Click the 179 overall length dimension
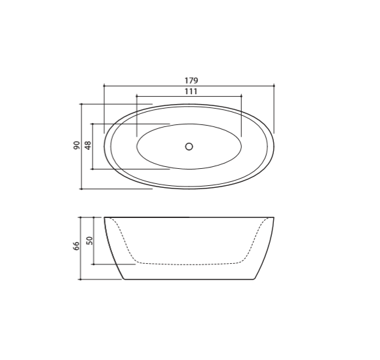[191, 81]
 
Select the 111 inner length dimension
[191, 92]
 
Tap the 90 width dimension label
[77, 145]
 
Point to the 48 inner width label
[88, 145]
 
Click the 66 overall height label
[77, 246]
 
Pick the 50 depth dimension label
[89, 241]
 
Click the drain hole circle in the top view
[189, 147]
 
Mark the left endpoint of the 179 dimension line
[104, 86]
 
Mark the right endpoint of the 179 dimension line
[274, 86]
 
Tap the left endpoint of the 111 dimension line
[137, 96]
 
